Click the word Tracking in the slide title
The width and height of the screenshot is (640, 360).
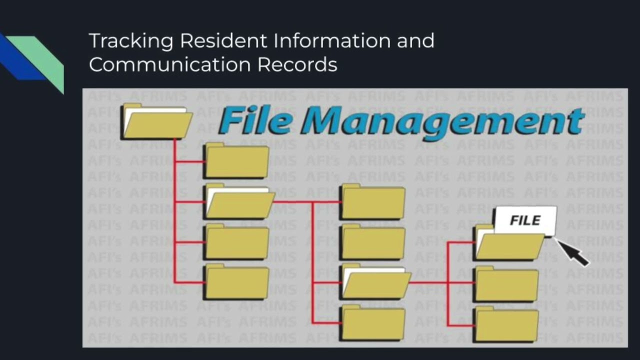click(x=131, y=40)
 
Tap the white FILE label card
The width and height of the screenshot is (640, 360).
click(x=525, y=220)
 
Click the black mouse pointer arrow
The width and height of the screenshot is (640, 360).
click(x=574, y=252)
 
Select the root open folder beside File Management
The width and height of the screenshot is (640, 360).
click(x=156, y=123)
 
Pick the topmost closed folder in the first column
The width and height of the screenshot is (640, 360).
click(x=236, y=161)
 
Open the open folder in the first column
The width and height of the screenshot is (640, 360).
click(x=239, y=203)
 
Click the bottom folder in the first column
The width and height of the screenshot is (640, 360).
click(x=236, y=282)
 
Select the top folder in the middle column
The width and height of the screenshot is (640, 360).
click(x=372, y=202)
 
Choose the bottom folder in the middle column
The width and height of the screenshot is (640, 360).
click(x=372, y=322)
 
